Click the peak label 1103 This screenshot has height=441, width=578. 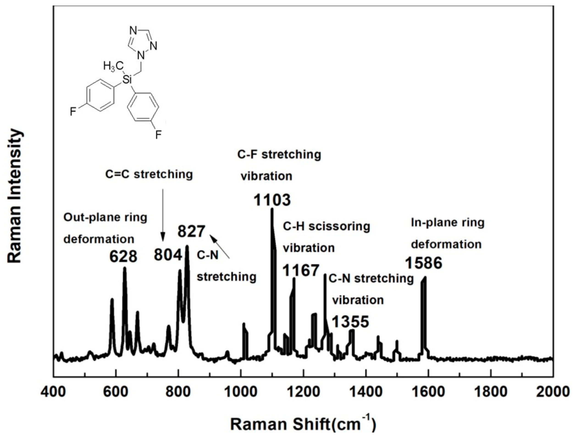click(x=272, y=200)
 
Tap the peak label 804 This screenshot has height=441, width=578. click(x=168, y=255)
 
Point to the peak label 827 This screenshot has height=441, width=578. click(x=191, y=232)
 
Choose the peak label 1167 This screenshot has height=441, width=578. click(x=301, y=270)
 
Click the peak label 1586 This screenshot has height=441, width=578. click(x=423, y=263)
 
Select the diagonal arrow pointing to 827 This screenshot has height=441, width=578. click(x=220, y=247)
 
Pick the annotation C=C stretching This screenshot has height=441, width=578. click(x=149, y=174)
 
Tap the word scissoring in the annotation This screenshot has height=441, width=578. click(x=339, y=226)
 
